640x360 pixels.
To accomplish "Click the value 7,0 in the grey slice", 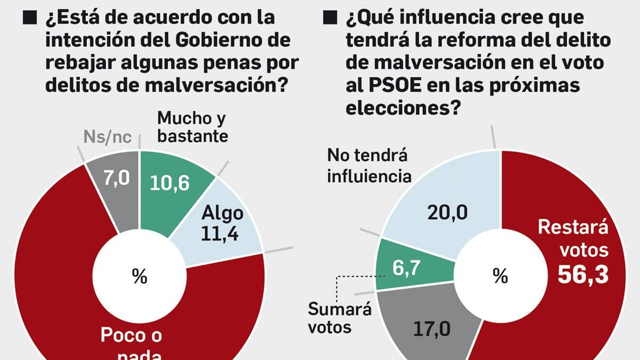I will [x=116, y=178].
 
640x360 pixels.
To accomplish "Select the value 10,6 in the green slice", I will [x=170, y=183].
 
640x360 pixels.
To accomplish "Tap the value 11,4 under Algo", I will [x=220, y=234].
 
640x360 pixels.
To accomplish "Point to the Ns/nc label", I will [x=107, y=137].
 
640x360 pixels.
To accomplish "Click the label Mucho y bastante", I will [x=192, y=127].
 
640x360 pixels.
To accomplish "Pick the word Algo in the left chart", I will [x=222, y=213].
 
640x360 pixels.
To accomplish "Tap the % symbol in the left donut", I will [x=140, y=276].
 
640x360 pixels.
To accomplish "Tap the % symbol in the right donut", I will [x=500, y=276].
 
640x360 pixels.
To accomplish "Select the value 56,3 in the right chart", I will [x=583, y=275].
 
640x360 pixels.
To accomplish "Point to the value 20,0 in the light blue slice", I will [x=447, y=212].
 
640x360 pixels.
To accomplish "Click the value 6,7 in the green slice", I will [x=406, y=268].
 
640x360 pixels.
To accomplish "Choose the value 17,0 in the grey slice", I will [x=432, y=329].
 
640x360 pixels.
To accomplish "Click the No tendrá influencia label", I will [x=369, y=166].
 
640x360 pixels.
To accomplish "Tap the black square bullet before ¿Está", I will [x=30, y=18].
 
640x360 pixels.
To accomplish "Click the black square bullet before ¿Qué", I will [x=330, y=18].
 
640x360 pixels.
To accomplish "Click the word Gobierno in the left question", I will [x=232, y=40].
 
